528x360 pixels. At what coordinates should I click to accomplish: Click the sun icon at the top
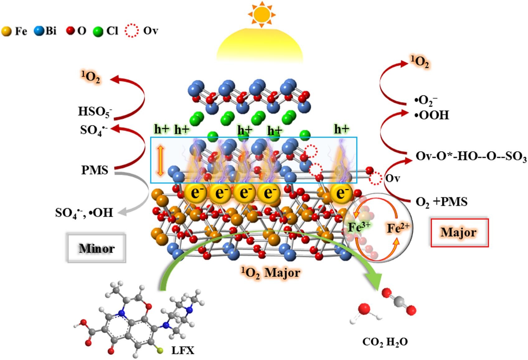click(262, 14)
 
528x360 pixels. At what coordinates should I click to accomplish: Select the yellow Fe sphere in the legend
click(6, 31)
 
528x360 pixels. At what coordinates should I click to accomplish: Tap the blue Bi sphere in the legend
click(40, 31)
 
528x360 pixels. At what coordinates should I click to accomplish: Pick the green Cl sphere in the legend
click(98, 31)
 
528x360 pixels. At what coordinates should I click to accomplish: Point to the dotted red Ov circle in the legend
click(131, 31)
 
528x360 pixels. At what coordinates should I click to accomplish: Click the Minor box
click(97, 248)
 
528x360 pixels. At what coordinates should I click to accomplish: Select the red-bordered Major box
click(459, 233)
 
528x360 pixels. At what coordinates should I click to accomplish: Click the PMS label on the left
click(95, 170)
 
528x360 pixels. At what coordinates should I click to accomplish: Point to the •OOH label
click(431, 115)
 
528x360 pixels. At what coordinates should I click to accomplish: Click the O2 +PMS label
click(441, 202)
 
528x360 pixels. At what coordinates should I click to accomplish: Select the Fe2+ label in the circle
click(398, 228)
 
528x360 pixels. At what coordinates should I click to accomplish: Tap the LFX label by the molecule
click(183, 351)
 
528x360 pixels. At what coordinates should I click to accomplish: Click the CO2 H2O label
click(385, 342)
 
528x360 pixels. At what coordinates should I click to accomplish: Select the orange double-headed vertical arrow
click(160, 161)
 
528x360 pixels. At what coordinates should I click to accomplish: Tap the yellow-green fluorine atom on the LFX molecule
click(160, 351)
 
